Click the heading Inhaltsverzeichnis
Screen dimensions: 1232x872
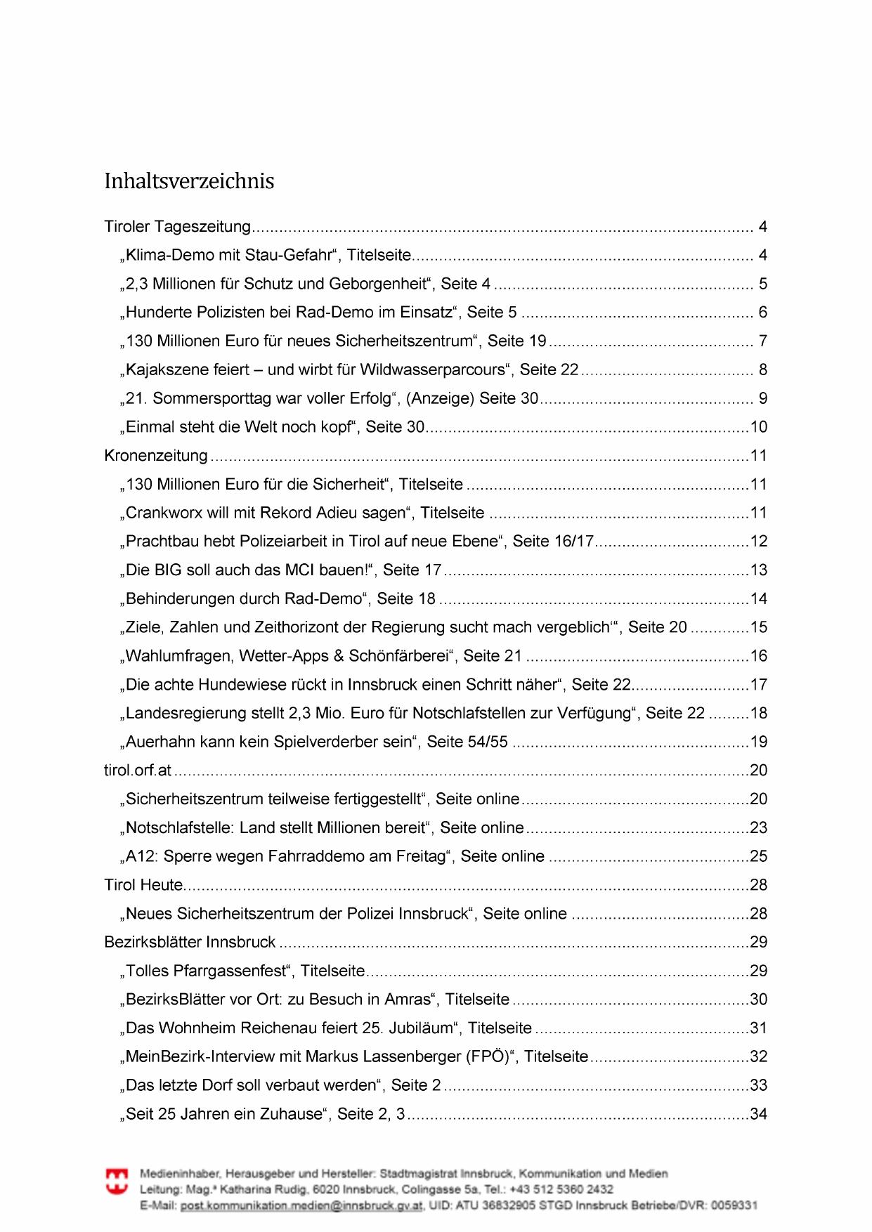click(x=189, y=181)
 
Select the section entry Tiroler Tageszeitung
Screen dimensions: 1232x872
click(x=177, y=227)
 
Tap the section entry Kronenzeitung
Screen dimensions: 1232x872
click(x=156, y=456)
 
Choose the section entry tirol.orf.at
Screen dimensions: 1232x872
click(x=138, y=771)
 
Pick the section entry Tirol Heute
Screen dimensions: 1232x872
click(x=143, y=885)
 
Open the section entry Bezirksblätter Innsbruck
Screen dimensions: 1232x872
click(x=190, y=942)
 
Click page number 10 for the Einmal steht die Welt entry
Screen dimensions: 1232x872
click(x=759, y=427)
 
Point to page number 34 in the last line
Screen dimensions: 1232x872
click(x=759, y=1114)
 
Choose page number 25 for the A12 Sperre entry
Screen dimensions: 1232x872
click(x=759, y=856)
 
